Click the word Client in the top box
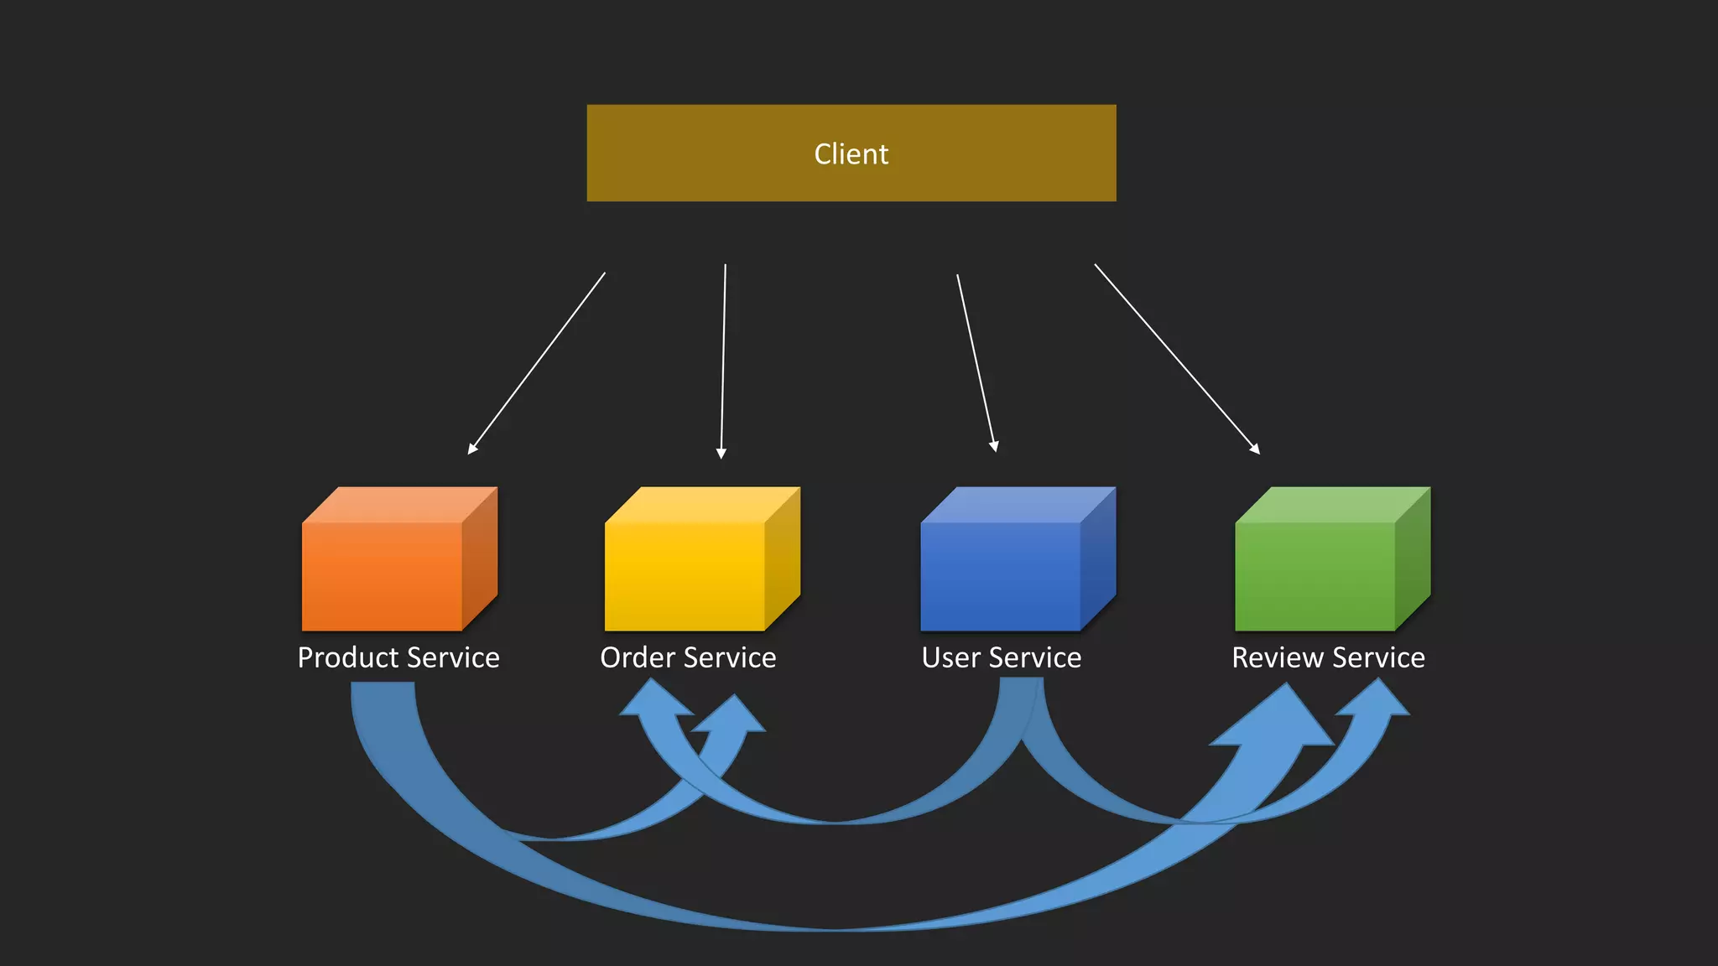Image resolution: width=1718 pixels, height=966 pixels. [851, 154]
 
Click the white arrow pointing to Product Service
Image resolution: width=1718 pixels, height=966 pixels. [537, 362]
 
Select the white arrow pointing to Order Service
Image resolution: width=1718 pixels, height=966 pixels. [723, 361]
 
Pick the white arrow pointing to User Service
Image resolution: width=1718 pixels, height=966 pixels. [976, 362]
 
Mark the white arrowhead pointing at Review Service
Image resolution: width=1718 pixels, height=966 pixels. [1254, 449]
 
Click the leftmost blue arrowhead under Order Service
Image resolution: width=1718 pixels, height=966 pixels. [654, 701]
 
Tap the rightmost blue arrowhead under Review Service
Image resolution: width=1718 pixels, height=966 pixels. [1376, 701]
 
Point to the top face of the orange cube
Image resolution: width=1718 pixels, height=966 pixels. [398, 505]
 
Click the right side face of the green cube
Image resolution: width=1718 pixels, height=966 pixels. [1413, 558]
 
